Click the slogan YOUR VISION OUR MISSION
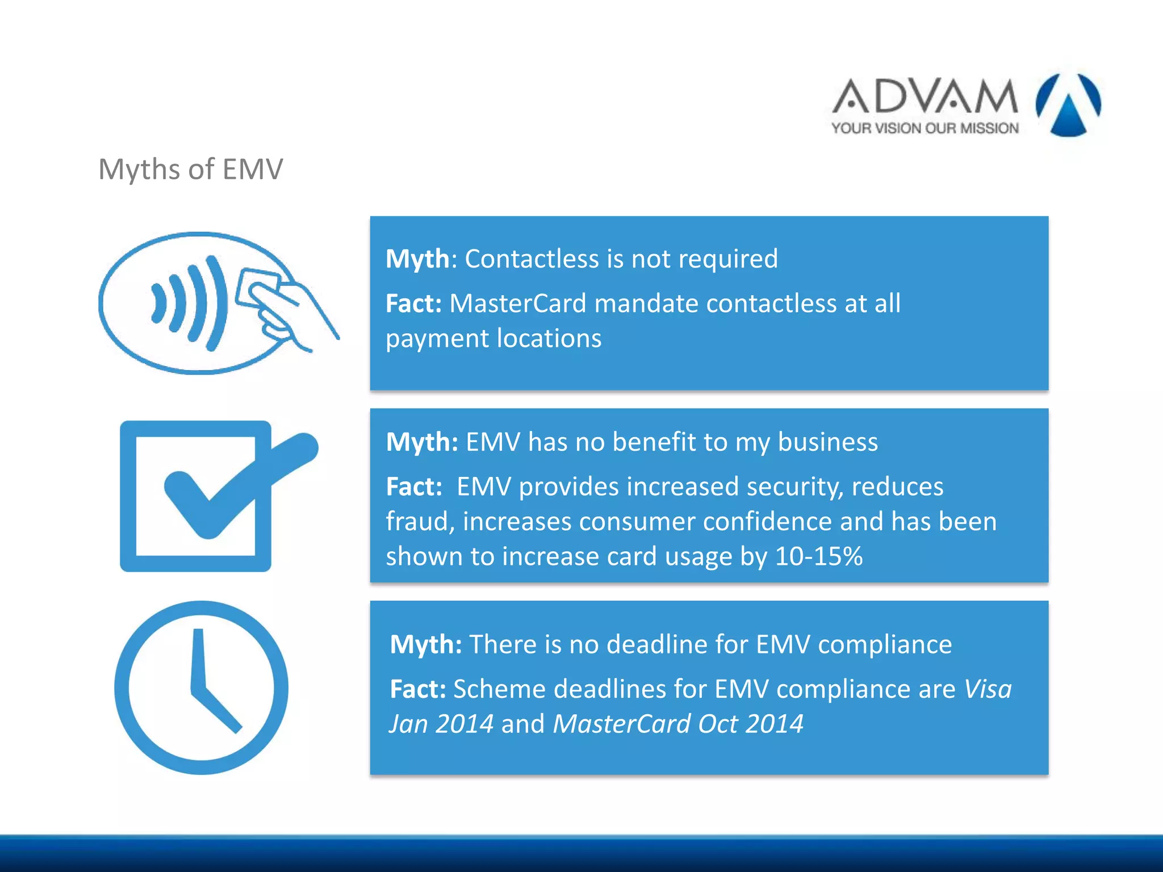point(925,128)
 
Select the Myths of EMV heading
point(190,169)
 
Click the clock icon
point(201,687)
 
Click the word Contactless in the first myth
point(532,259)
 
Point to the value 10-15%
point(818,556)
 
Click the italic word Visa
point(988,689)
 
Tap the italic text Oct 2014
point(750,724)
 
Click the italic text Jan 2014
point(441,724)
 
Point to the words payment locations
point(493,338)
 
